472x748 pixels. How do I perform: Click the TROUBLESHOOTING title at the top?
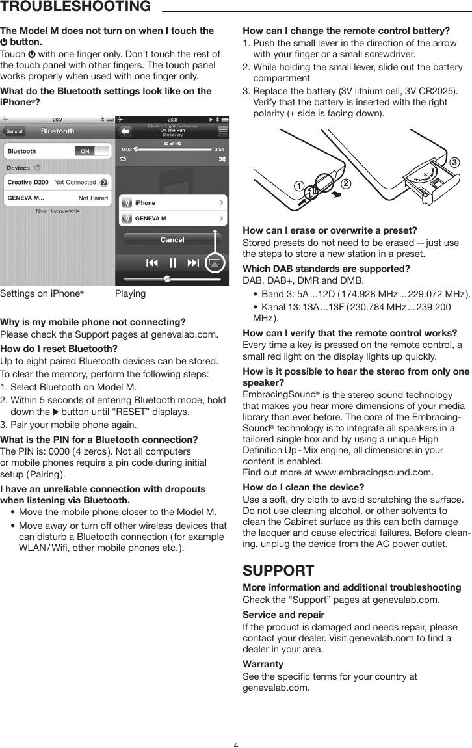[75, 7]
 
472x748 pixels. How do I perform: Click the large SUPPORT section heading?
[278, 571]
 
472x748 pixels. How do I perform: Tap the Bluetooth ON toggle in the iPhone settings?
[93, 151]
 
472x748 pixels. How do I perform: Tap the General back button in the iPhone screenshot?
[14, 131]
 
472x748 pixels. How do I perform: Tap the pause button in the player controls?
[172, 263]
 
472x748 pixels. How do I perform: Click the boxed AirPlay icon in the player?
[215, 263]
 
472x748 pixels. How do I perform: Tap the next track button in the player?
[193, 263]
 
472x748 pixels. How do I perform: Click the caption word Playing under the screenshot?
[130, 294]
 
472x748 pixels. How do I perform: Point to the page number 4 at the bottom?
[236, 744]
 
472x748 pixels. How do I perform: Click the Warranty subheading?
[263, 664]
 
